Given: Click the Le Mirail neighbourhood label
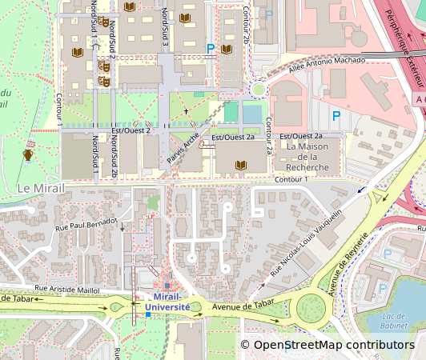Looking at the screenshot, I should [39, 188].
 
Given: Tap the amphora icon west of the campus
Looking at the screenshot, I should [28, 154].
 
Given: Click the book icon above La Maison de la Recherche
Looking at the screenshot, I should [240, 165].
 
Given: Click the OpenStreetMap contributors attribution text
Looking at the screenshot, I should [333, 345].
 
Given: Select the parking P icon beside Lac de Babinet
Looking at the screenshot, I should [388, 254].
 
